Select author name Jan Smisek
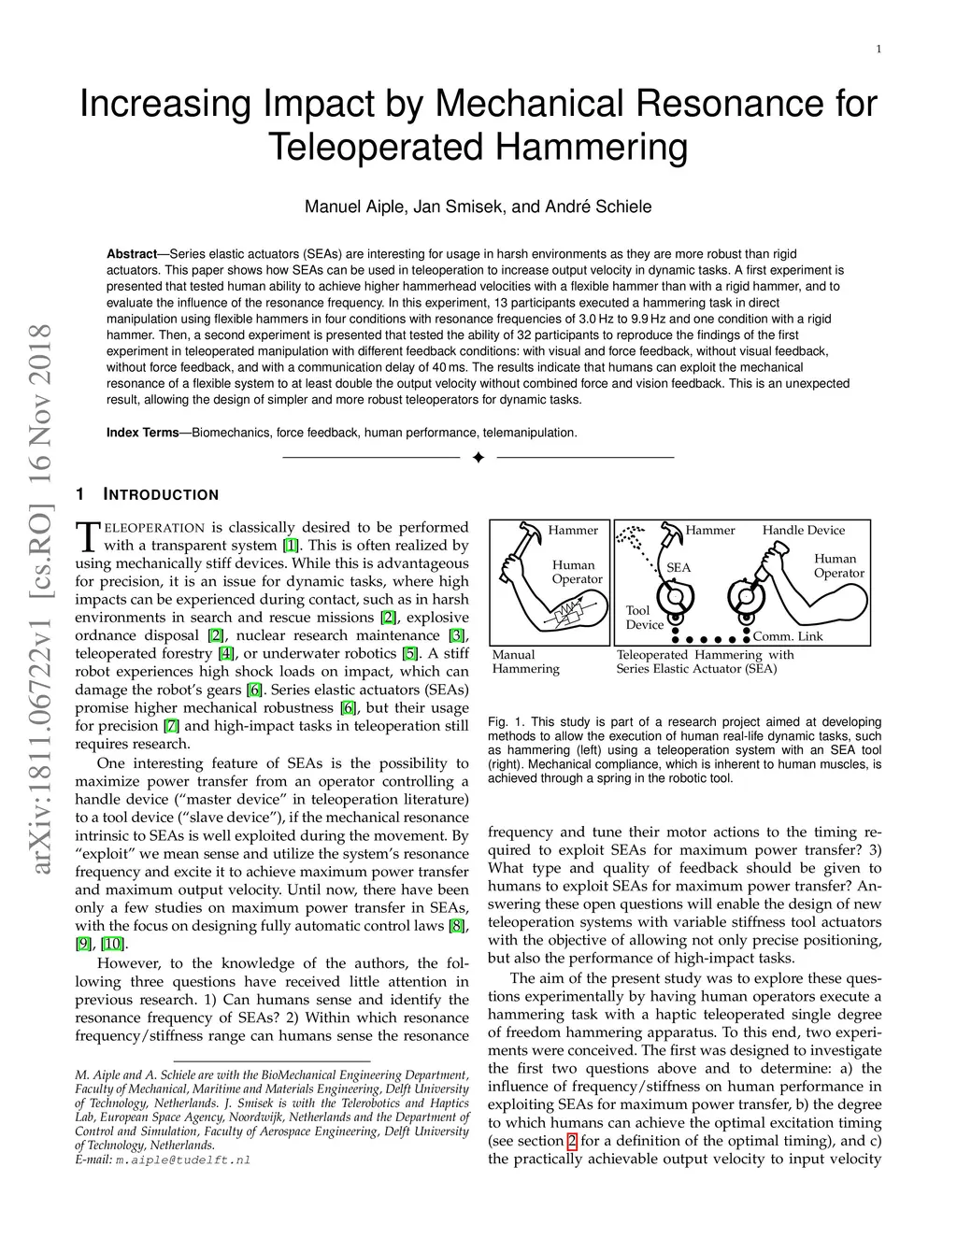(x=459, y=206)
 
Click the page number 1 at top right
(x=879, y=50)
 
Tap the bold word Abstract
(x=131, y=254)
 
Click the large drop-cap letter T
(x=86, y=536)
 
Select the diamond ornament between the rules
(x=478, y=458)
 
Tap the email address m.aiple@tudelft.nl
(x=183, y=1160)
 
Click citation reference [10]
(x=110, y=944)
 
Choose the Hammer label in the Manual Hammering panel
(x=573, y=531)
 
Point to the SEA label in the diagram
(x=678, y=567)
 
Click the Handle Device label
(x=804, y=531)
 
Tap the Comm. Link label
(x=788, y=636)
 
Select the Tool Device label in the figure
(x=644, y=618)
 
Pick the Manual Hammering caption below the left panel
(x=526, y=662)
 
